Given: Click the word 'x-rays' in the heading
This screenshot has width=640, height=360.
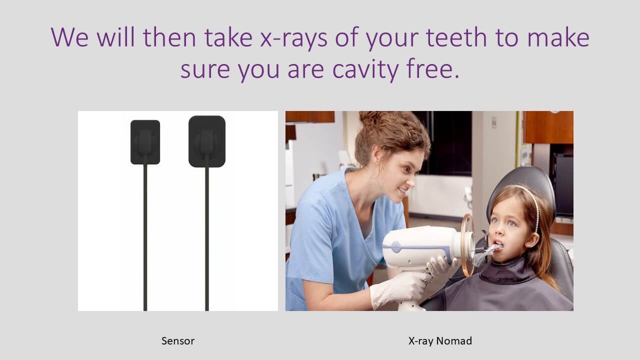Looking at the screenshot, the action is point(293,38).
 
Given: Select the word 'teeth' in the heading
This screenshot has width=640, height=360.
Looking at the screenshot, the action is point(456,37).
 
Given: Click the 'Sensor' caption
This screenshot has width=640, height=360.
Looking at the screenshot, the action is point(177,341).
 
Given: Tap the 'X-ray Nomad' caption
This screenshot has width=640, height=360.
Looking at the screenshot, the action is point(440,341).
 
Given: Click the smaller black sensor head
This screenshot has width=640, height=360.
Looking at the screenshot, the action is point(145,142).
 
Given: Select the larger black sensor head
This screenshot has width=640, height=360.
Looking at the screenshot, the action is point(207,141).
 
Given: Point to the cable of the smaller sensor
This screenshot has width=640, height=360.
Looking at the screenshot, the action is point(145,237).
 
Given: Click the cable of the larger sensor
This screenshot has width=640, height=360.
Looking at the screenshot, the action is point(207,239).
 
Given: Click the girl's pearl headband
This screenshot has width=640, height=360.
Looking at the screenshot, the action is point(533,204).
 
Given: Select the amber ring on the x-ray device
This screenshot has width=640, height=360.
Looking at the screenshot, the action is point(467,245).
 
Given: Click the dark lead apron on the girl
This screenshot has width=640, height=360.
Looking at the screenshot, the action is point(503,288).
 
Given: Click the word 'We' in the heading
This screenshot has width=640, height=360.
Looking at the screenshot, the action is point(69,37).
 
